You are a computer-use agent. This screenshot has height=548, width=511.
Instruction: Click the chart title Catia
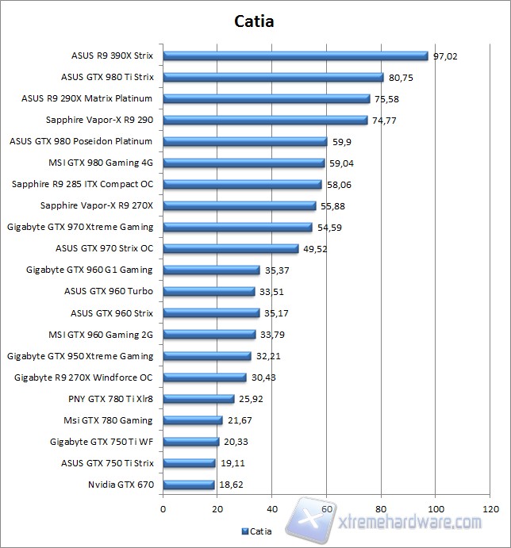pyautogui.click(x=255, y=21)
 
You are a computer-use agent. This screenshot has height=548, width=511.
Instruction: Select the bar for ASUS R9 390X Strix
pyautogui.click(x=295, y=56)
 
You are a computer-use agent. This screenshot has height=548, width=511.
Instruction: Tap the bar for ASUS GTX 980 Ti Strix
pyautogui.click(x=273, y=78)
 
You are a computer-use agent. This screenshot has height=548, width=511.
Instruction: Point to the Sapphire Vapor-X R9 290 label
pyautogui.click(x=100, y=121)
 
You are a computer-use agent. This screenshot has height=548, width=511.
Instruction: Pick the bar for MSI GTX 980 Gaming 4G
pyautogui.click(x=244, y=163)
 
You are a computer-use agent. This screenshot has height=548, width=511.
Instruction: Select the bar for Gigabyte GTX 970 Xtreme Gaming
pyautogui.click(x=237, y=228)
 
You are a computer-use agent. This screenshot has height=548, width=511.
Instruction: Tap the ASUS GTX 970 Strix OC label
pyautogui.click(x=105, y=248)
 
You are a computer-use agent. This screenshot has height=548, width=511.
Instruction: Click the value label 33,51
pyautogui.click(x=271, y=291)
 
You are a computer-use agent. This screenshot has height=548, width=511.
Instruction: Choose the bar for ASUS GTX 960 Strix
pyautogui.click(x=211, y=313)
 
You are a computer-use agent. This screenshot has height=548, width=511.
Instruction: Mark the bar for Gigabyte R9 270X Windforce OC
pyautogui.click(x=205, y=377)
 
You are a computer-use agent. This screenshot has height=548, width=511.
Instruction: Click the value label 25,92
pyautogui.click(x=251, y=399)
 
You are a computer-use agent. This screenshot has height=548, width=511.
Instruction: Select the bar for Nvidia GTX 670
pyautogui.click(x=189, y=485)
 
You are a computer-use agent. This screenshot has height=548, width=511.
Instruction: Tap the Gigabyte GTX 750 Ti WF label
pyautogui.click(x=102, y=442)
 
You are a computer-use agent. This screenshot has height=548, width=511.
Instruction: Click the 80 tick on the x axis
pyautogui.click(x=382, y=508)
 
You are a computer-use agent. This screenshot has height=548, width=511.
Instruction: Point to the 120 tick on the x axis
pyautogui.click(x=490, y=508)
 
